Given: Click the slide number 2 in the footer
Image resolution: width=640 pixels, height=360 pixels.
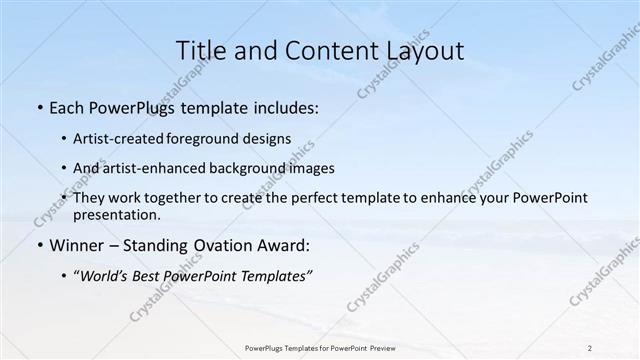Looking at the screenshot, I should tap(590, 348).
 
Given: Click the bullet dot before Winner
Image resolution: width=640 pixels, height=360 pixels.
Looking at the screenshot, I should tap(38, 245).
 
